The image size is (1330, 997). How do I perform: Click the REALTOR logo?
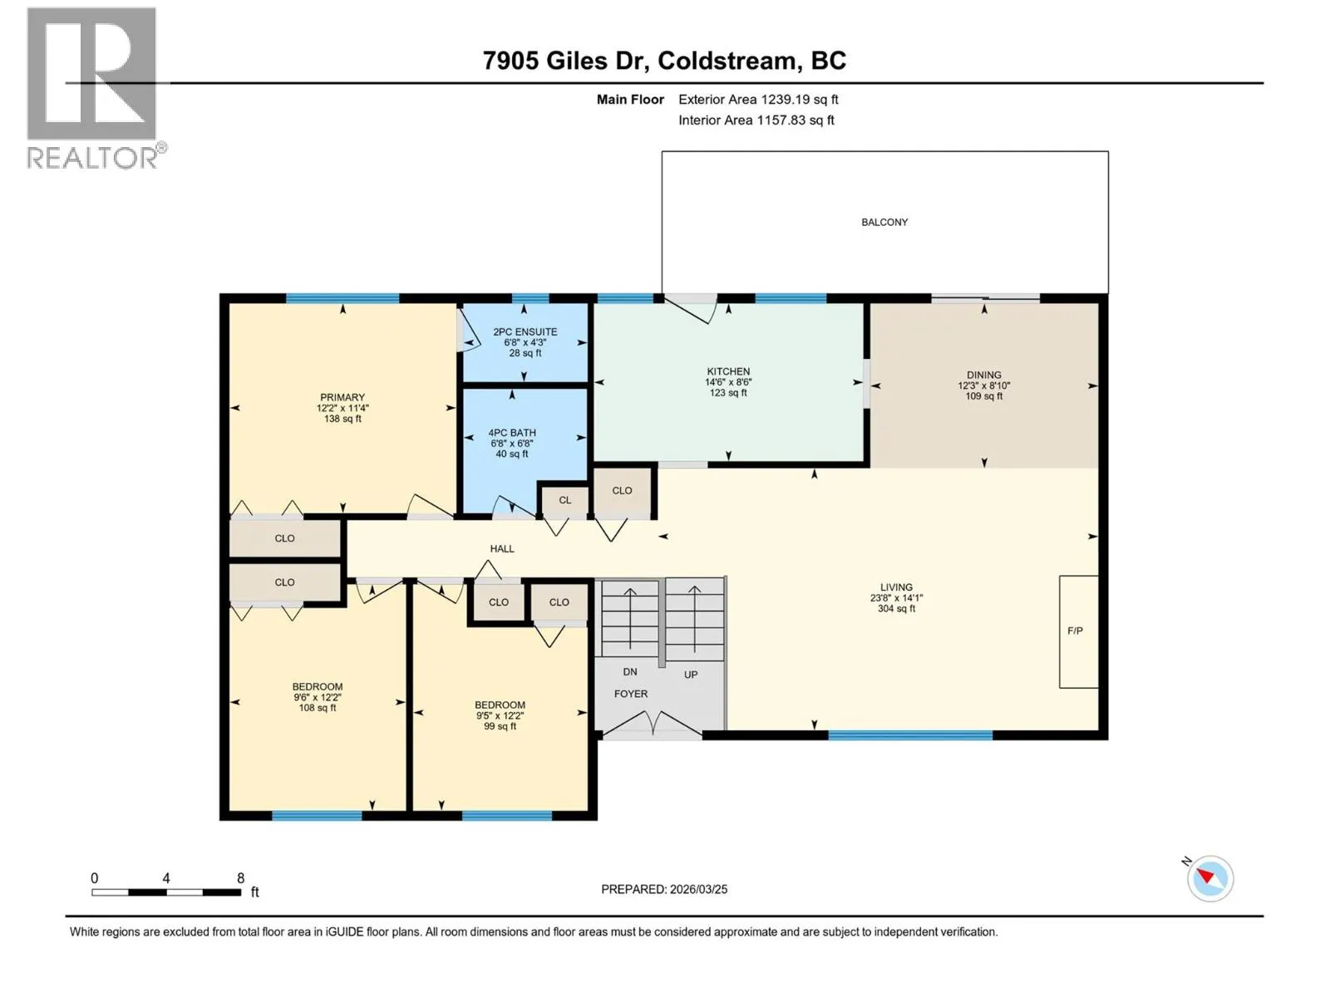pos(96,88)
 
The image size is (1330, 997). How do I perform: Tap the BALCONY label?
pos(884,222)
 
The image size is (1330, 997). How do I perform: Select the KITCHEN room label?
pos(727,371)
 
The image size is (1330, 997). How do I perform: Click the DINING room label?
pos(983,375)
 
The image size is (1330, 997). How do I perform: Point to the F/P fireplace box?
pos(1078,631)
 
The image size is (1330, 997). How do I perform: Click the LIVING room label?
pos(895,587)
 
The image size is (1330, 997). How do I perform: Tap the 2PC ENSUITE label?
pos(525,332)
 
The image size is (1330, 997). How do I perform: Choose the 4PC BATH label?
pos(512,432)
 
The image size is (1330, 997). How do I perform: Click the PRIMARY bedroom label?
pos(342,397)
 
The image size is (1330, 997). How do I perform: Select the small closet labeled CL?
pos(564,500)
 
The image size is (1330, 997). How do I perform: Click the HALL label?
pos(502,548)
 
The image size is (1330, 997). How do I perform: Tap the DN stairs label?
pos(629,671)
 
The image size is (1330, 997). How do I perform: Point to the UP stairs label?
pos(690,675)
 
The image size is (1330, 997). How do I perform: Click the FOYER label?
pos(630,694)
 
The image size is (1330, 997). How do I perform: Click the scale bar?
pos(166,892)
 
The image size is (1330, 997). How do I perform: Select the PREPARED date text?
pos(664,889)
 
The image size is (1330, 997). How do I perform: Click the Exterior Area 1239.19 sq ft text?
pos(758,99)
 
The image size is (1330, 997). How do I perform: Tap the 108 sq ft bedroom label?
pos(317,708)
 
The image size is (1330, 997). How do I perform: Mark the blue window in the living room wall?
pos(910,735)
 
